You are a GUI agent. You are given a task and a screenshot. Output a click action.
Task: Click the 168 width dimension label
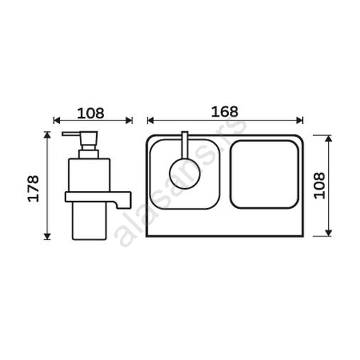[x=225, y=111]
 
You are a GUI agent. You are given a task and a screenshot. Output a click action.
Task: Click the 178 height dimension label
[x=33, y=188]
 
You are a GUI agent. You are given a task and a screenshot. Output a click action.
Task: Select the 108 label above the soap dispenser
[x=91, y=113]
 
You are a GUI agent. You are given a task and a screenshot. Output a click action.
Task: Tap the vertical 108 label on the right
[x=319, y=185]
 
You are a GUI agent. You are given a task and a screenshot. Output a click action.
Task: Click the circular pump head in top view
[x=185, y=173]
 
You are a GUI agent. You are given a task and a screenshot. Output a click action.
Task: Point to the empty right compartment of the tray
[x=264, y=175]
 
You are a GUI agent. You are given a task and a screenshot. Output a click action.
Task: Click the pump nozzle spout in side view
[x=71, y=134]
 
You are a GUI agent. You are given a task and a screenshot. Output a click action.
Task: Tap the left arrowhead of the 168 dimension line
[x=150, y=120]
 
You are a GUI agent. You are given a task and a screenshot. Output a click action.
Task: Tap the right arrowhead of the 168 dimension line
[x=300, y=120]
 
